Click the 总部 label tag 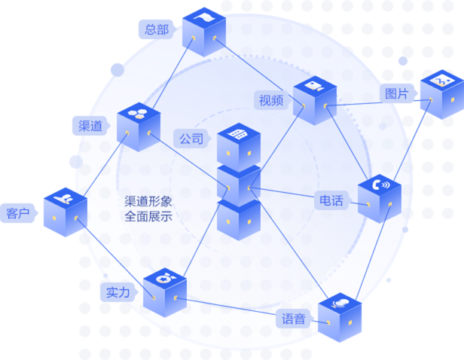tap(157, 29)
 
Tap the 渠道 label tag tap(91, 126)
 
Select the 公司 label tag tap(192, 139)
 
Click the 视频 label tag tap(272, 100)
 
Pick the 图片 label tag tap(398, 93)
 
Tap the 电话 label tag tap(331, 200)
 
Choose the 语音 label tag tap(294, 319)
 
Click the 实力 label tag tap(119, 292)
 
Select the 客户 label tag tap(18, 213)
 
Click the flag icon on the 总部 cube tap(204, 18)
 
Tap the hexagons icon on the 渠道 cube tap(138, 114)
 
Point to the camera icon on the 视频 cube tap(315, 87)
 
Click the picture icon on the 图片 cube tap(442, 81)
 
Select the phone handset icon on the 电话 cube tap(381, 185)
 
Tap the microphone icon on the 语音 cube tap(340, 304)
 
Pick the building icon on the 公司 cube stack tap(238, 134)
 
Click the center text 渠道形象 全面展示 tap(148, 209)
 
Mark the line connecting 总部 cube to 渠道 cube tap(174, 73)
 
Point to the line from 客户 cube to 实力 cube tap(114, 258)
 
